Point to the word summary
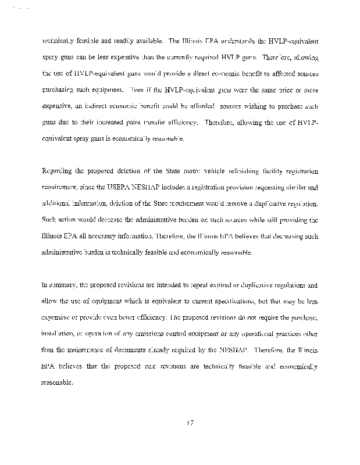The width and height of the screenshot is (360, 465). pyautogui.click(x=65, y=285)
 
